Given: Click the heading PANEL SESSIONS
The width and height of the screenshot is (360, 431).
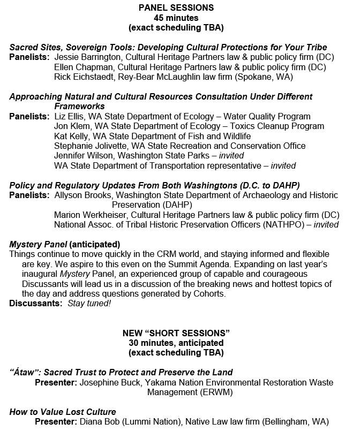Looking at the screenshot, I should (176, 7).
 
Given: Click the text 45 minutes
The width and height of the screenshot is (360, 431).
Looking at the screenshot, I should (176, 17).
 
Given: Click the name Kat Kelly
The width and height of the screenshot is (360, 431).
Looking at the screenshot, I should (71, 136).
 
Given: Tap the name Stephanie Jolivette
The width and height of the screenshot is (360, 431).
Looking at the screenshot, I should (92, 146).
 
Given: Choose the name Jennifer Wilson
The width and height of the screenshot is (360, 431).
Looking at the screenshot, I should (82, 155).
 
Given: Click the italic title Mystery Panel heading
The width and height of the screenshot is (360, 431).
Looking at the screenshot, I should (37, 244).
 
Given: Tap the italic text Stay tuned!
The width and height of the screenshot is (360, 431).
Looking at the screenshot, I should (89, 304).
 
